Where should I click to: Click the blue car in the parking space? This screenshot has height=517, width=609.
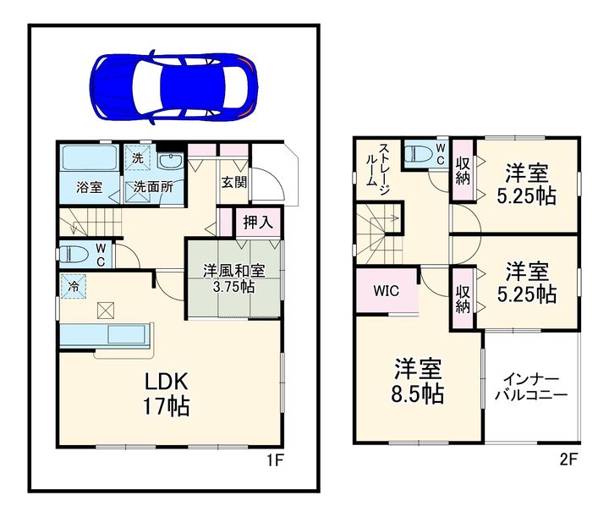pos(173,86)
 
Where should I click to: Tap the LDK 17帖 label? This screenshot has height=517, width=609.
pos(167,393)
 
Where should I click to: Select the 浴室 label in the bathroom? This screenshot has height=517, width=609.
pos(90,188)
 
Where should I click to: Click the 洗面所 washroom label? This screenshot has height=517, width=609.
pos(153,187)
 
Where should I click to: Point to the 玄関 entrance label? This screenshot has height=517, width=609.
pos(234,182)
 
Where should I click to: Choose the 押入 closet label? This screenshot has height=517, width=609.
pos(258,223)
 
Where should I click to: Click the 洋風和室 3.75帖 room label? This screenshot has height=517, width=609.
pos(234,279)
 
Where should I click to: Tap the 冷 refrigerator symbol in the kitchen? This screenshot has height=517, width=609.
pos(74,287)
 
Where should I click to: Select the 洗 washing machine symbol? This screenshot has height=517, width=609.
pos(138,158)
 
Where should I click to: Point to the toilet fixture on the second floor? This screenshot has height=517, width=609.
pos(418,152)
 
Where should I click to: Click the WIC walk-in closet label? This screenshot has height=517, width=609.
pos(386,290)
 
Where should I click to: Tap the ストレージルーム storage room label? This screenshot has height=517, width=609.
pos(377,169)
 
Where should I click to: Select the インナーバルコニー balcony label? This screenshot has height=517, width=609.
pos(531,388)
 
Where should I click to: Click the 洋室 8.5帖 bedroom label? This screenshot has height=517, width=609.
pos(418,381)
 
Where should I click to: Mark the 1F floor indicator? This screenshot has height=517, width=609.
pos(275,460)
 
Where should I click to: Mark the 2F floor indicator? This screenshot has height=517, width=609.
pos(568,460)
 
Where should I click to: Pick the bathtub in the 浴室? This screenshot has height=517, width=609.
pos(90,157)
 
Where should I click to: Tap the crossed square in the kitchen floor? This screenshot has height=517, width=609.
pos(106,311)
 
